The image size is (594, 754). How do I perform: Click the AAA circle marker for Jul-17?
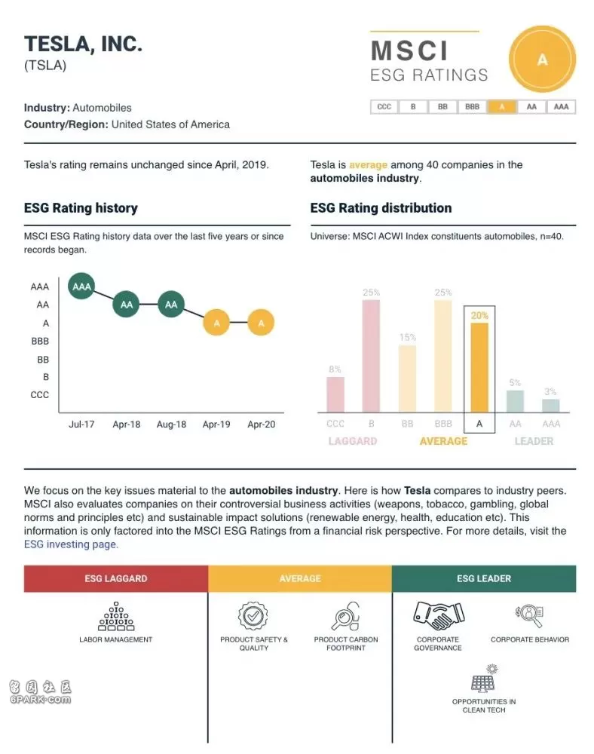(81, 286)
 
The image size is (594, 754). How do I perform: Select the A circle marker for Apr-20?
(261, 323)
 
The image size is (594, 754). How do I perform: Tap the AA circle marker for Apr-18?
(127, 305)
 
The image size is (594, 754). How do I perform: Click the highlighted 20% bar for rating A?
(479, 367)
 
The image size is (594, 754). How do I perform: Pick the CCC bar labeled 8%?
(335, 395)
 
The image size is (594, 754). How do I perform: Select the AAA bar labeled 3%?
(551, 406)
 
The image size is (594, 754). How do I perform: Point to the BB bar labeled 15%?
(408, 379)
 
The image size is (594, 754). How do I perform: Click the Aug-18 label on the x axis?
(172, 425)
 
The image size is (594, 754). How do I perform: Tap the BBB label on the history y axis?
(40, 342)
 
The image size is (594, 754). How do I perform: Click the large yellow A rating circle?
(542, 60)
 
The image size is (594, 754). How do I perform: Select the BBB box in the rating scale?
(472, 107)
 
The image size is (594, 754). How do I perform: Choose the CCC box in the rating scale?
(384, 107)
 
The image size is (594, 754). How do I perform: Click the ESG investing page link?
(71, 544)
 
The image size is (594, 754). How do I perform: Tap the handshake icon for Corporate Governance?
(438, 615)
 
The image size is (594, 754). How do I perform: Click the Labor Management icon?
(116, 616)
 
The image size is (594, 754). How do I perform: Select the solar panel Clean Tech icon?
(484, 678)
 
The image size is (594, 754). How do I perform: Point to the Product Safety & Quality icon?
(253, 615)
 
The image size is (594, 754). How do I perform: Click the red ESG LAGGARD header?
(116, 578)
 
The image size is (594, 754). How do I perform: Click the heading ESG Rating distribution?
(381, 208)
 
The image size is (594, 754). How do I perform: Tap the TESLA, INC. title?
(83, 44)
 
